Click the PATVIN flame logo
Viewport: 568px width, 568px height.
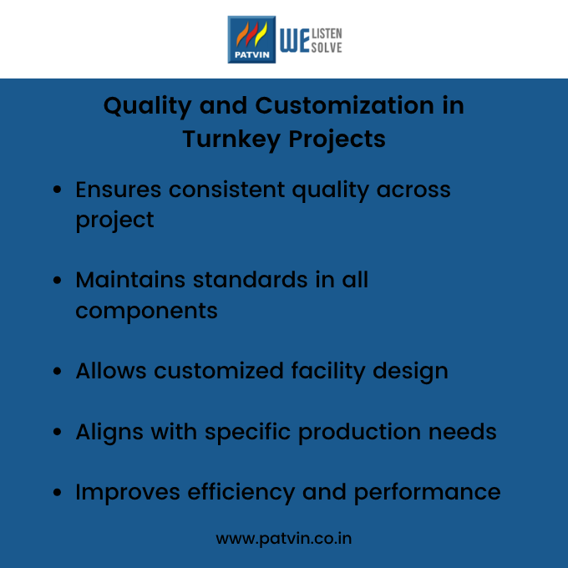tap(251, 38)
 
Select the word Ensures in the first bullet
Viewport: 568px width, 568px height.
tap(119, 190)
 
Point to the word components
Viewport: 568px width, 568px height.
tap(146, 312)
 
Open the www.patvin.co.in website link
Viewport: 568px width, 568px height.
tap(284, 539)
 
